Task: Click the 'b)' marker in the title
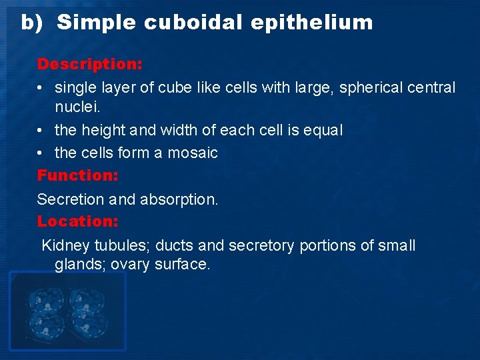[x=31, y=23]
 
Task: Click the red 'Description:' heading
[x=89, y=65]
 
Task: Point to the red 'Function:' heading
[x=77, y=176]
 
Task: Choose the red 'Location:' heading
[x=77, y=221]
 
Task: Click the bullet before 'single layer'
[x=41, y=88]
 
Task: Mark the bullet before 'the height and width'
[x=41, y=131]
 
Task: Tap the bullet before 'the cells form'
[x=41, y=153]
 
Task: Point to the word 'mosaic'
[x=193, y=153]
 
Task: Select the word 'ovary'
[x=131, y=264]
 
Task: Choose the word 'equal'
[x=323, y=130]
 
